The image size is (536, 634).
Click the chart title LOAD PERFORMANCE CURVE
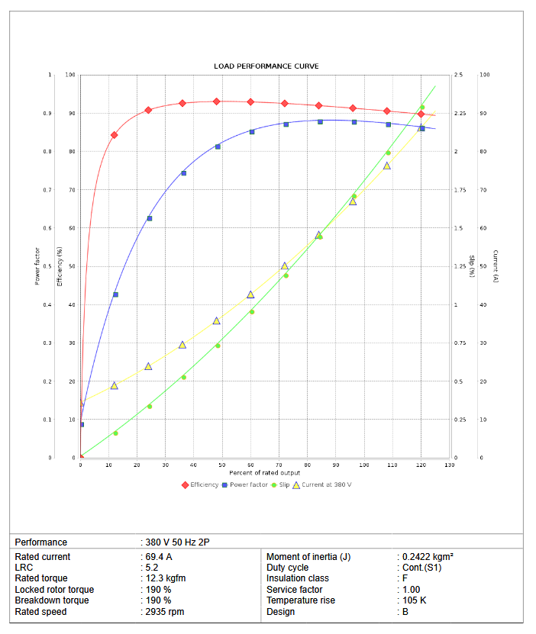[x=266, y=66]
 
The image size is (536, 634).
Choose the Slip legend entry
[x=283, y=484]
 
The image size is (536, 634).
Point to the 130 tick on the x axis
[x=449, y=465]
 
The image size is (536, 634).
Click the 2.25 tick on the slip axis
[x=459, y=114]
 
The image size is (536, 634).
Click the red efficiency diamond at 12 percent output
[x=115, y=135]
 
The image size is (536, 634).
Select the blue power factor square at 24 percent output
[x=149, y=218]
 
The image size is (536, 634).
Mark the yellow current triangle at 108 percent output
[x=387, y=166]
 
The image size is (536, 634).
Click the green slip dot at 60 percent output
[x=252, y=311]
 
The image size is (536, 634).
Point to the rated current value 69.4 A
[x=160, y=557]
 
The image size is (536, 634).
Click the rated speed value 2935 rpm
[x=164, y=612]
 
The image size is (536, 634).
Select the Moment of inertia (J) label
[x=308, y=557]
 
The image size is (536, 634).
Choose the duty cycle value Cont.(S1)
[x=421, y=568]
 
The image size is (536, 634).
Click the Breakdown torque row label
[x=53, y=600]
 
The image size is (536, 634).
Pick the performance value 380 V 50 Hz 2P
[x=177, y=542]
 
